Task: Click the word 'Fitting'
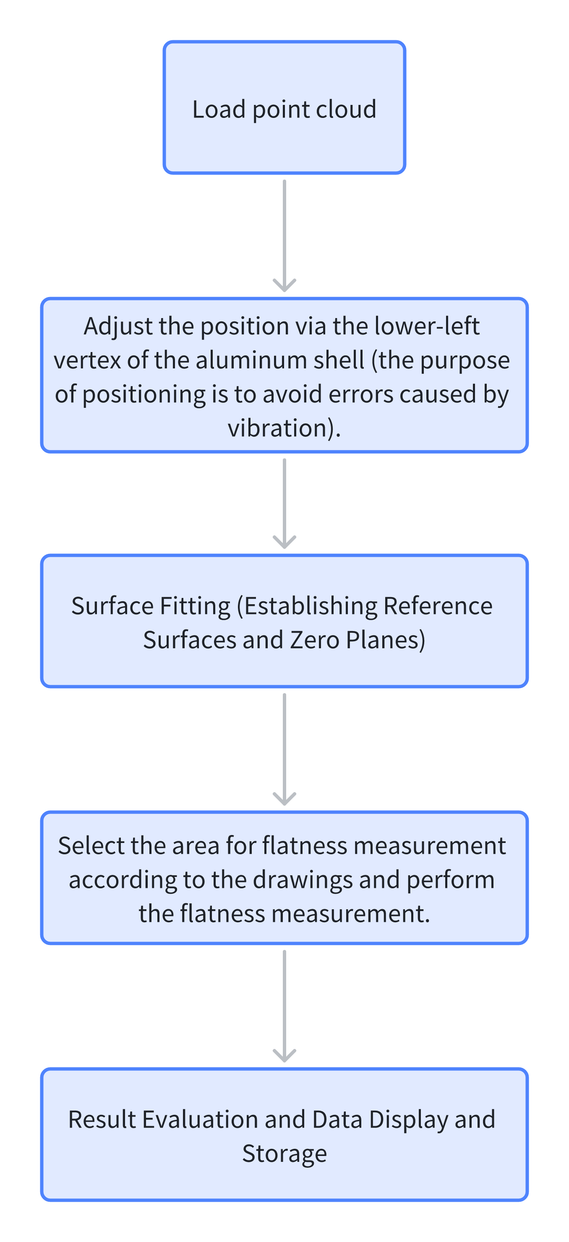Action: pos(195,606)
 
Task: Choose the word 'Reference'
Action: pos(438,606)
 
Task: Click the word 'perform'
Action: pos(450,880)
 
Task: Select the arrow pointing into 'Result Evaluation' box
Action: pos(284,1006)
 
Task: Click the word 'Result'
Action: pos(101,1119)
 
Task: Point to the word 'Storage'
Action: pos(284,1154)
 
